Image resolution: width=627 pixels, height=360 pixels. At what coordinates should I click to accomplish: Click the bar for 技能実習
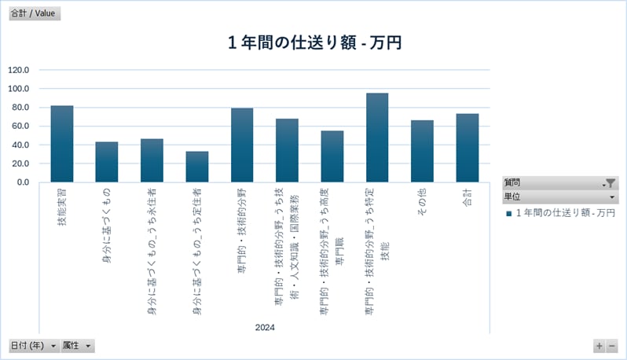62,144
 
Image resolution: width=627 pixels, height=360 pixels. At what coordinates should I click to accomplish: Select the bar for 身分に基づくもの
107,162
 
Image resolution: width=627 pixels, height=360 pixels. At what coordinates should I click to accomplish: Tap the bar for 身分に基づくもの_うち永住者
152,160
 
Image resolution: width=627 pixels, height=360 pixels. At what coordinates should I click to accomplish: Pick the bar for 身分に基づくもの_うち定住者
197,167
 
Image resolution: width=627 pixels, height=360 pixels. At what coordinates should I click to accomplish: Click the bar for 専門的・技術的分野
242,145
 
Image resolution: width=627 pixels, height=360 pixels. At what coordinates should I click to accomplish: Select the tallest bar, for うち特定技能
377,138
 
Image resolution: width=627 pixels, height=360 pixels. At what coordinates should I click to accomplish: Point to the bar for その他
422,151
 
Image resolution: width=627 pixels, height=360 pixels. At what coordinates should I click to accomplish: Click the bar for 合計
467,148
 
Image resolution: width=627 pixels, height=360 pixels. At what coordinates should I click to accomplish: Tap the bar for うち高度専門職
332,156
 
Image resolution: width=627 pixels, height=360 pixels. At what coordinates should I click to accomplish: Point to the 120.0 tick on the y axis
18,70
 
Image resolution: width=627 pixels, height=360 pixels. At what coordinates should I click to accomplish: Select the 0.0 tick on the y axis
23,182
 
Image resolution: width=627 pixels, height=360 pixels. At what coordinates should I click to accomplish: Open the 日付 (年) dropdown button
32,346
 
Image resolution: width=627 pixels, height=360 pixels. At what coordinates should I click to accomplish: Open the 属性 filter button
78,346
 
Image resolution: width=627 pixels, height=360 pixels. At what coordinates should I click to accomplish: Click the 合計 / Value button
32,13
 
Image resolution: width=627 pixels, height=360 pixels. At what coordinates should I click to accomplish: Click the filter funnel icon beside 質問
610,183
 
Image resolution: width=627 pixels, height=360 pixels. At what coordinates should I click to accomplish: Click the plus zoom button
599,346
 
